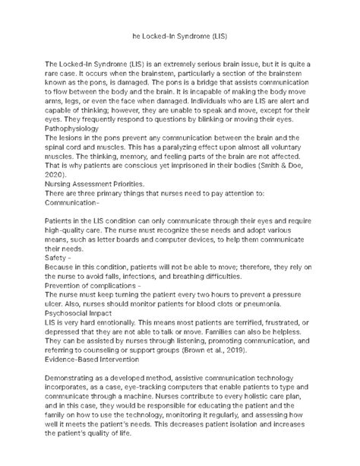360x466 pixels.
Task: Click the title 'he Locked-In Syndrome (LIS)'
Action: point(179,36)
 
